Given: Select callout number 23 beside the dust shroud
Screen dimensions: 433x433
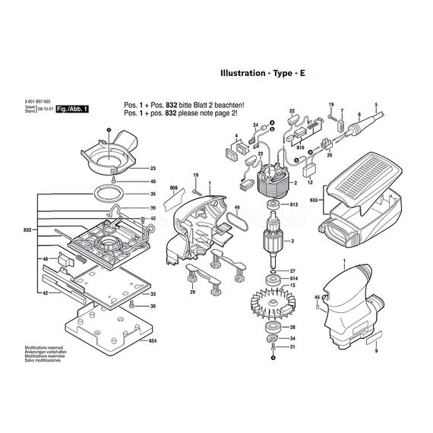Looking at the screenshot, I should tap(153, 168).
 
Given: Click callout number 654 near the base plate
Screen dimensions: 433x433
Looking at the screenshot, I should tap(153, 321).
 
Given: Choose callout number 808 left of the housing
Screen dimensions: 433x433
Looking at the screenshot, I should tap(173, 187).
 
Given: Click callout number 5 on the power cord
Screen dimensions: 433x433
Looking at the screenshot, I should tap(375, 103).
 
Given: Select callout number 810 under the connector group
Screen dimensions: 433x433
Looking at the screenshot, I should tap(300, 146).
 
